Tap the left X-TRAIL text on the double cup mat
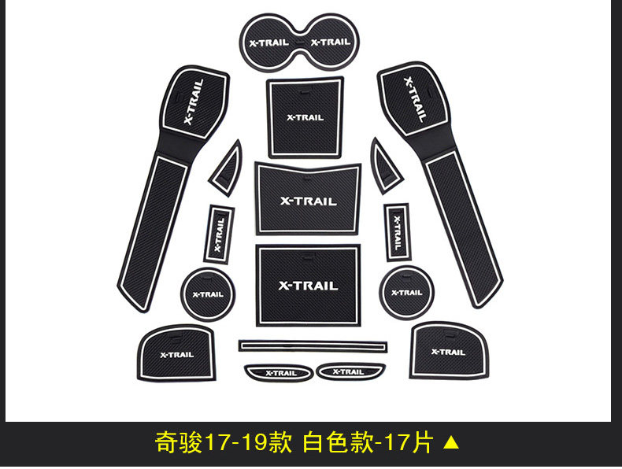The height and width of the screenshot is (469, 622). pos(268,42)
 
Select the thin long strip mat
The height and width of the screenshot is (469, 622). pos(313,345)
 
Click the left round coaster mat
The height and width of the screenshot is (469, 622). pos(207,294)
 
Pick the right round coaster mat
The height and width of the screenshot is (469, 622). pos(406,292)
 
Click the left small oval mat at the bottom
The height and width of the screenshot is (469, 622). pos(280,372)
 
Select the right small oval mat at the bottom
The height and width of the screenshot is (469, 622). pos(347,371)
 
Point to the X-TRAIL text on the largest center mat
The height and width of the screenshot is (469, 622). pos(308,286)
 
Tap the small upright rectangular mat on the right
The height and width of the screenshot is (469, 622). pos(397,231)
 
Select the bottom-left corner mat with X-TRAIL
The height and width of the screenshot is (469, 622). pos(176,353)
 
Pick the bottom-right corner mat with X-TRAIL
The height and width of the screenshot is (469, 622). pos(447,350)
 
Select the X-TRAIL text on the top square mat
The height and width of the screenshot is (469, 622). pos(304,118)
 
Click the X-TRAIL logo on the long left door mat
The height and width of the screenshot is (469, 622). pos(194,102)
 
